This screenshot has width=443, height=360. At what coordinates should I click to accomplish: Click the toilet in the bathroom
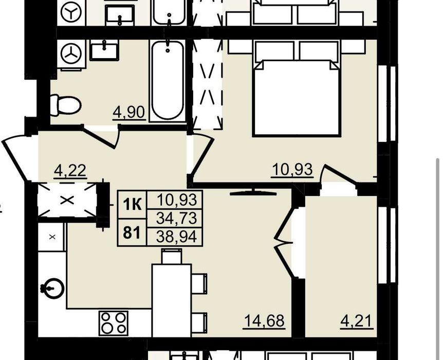(65, 105)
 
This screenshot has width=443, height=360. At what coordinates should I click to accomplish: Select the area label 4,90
(129, 113)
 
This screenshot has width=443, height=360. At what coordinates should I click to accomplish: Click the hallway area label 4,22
(70, 171)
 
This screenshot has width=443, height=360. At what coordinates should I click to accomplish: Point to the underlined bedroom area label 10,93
(292, 170)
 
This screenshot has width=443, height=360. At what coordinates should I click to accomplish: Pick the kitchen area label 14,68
(265, 321)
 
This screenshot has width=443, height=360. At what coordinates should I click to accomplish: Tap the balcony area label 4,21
(357, 321)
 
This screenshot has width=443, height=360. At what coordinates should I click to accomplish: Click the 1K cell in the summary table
(132, 205)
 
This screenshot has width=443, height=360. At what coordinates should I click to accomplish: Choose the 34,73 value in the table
(176, 219)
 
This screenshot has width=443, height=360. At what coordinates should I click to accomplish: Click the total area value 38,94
(176, 237)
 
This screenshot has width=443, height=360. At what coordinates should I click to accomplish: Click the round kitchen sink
(53, 289)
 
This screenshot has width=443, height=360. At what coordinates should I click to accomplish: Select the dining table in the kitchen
(172, 301)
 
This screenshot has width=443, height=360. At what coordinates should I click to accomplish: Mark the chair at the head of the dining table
(172, 256)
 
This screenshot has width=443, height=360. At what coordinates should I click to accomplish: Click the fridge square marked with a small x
(52, 237)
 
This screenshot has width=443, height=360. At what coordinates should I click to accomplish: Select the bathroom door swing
(101, 137)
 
